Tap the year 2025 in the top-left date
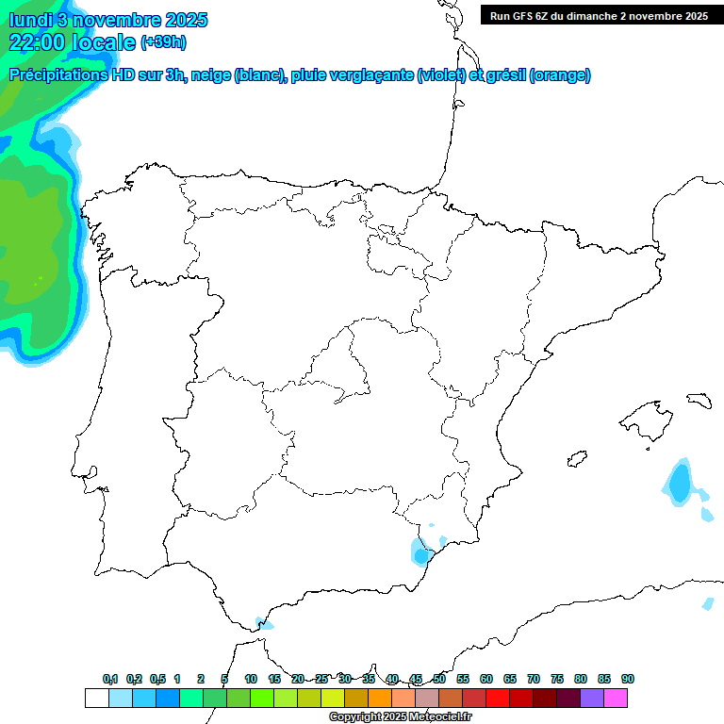coord(186,20)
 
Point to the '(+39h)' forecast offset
coord(163,42)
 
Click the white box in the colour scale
coord(96,698)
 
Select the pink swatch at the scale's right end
coord(616,698)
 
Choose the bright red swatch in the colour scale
coord(498,698)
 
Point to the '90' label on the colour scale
coord(628,679)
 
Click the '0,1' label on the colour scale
coord(110,679)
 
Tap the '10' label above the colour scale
coord(251,679)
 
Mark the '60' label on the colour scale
coord(486,679)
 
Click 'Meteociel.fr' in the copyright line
coord(440,717)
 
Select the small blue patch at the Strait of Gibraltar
coord(265,623)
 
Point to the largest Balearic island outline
coord(645,416)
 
